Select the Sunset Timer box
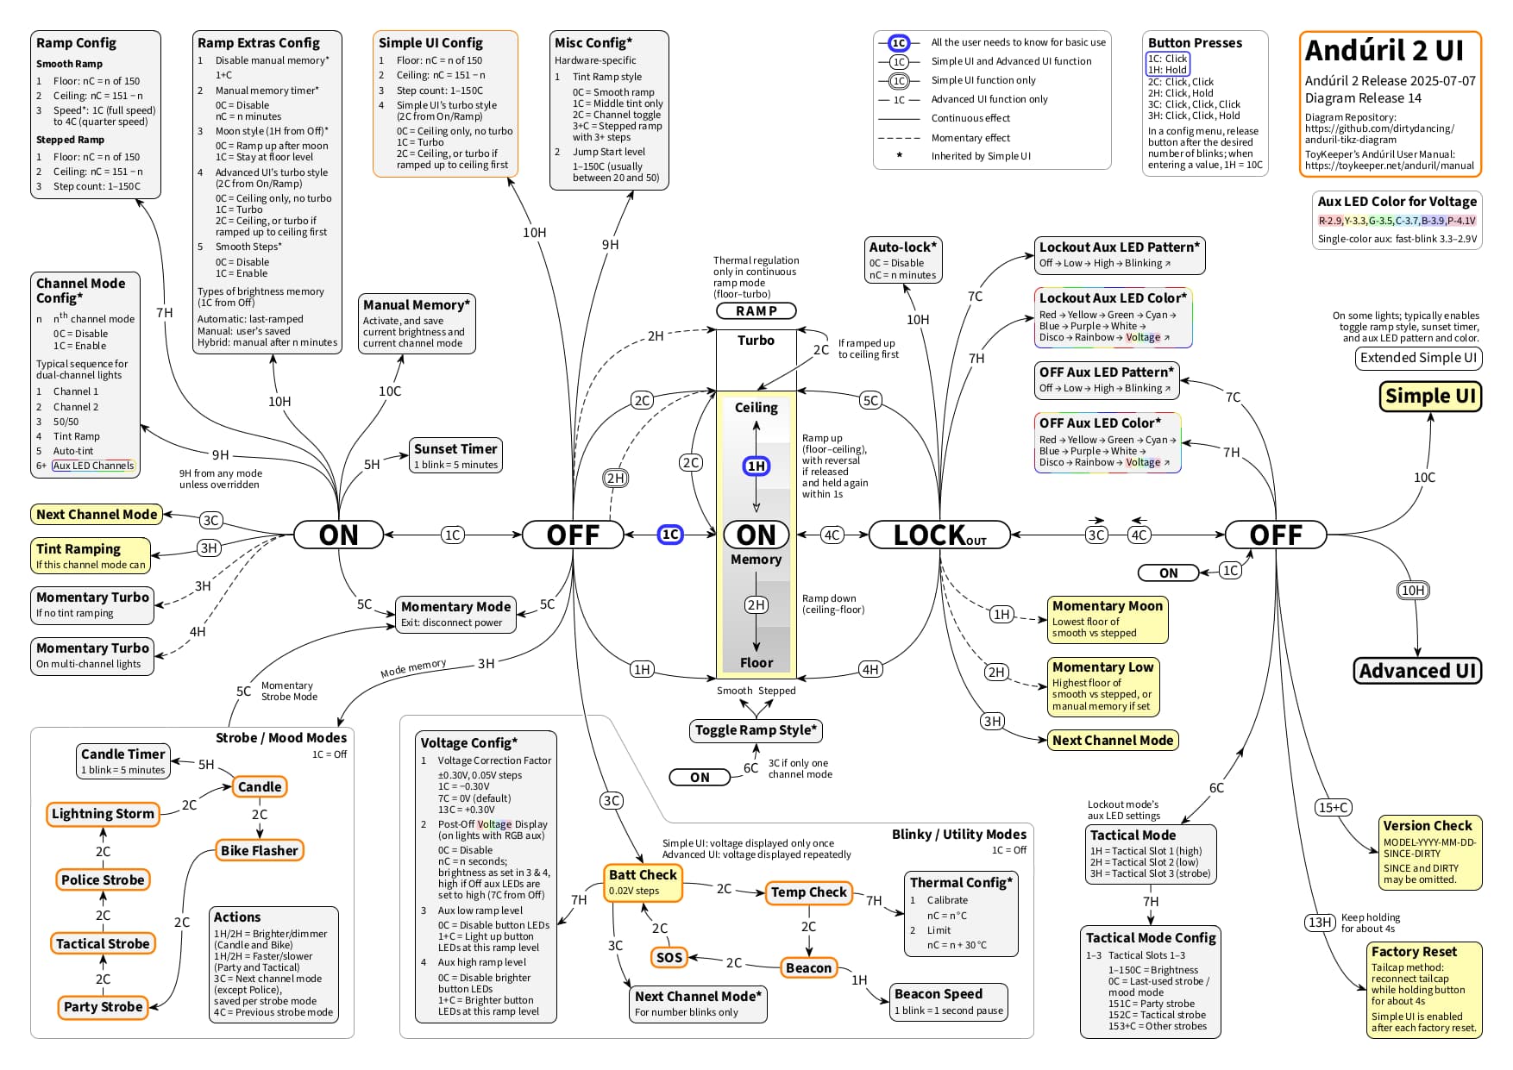click(x=455, y=455)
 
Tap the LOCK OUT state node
click(x=939, y=535)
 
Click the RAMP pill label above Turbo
click(x=756, y=310)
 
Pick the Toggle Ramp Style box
click(x=756, y=730)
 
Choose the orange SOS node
click(x=669, y=957)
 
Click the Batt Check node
click(x=643, y=882)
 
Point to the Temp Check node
click(x=808, y=892)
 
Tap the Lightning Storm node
click(x=103, y=814)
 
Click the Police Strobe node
click(x=103, y=879)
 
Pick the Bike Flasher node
click(x=259, y=850)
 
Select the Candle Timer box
click(x=122, y=760)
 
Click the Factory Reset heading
click(x=1414, y=952)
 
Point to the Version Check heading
click(x=1428, y=826)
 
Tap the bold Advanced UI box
click(x=1417, y=671)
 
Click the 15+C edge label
click(x=1333, y=807)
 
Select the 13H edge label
click(x=1320, y=923)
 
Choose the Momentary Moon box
click(x=1108, y=619)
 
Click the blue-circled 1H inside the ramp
click(x=756, y=466)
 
